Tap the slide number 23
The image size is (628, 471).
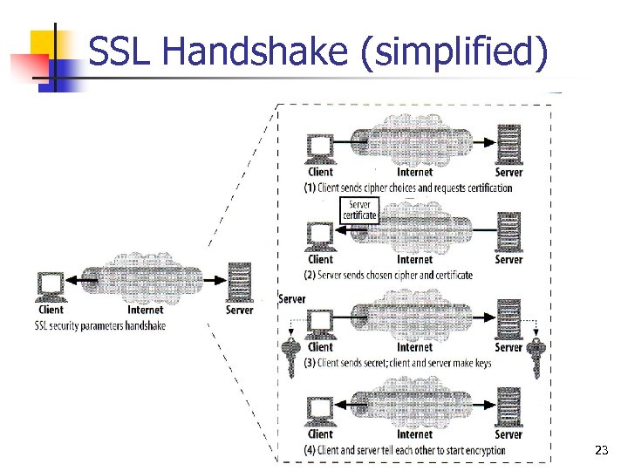pyautogui.click(x=601, y=450)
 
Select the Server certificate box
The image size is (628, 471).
pyautogui.click(x=358, y=210)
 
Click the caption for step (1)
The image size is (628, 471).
pyautogui.click(x=407, y=188)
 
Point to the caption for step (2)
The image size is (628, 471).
pyautogui.click(x=388, y=275)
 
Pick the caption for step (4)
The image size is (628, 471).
pyautogui.click(x=404, y=450)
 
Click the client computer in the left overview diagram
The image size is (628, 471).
pyautogui.click(x=51, y=285)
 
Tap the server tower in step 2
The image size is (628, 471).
pyautogui.click(x=509, y=233)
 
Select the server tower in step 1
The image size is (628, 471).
pyautogui.click(x=509, y=144)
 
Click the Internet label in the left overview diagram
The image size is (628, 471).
pyautogui.click(x=145, y=310)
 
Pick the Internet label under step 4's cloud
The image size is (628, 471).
pyautogui.click(x=414, y=433)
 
